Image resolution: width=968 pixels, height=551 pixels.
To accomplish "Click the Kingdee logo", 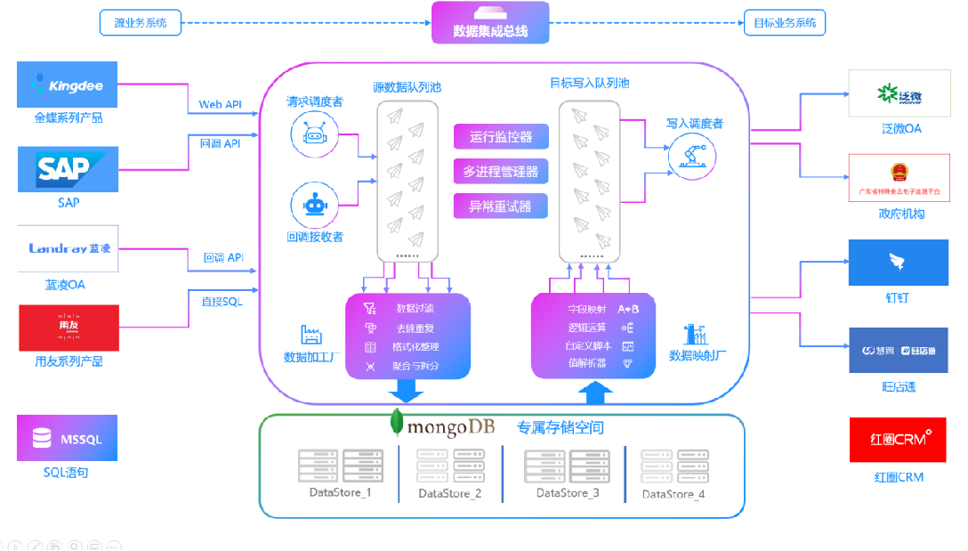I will [x=68, y=85].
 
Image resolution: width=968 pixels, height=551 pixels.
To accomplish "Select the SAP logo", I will [x=68, y=170].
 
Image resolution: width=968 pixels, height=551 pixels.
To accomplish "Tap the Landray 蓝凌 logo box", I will [x=68, y=248].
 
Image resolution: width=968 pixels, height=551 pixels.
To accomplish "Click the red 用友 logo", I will [x=68, y=328].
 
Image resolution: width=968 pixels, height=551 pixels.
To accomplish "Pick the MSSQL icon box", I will [x=68, y=438].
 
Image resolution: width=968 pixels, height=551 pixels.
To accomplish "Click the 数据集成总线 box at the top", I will [x=490, y=23].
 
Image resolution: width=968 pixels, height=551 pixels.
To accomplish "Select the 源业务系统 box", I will [x=141, y=22].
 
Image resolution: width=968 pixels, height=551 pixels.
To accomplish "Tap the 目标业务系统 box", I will [x=784, y=22].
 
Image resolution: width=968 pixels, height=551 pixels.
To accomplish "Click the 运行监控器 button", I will [x=501, y=137].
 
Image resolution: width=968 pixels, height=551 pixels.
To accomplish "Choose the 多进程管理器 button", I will [x=501, y=172].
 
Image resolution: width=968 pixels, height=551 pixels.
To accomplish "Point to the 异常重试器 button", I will [x=501, y=207].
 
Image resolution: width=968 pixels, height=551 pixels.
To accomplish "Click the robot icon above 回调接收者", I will [x=315, y=204].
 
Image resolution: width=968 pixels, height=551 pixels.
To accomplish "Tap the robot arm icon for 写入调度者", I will [x=691, y=158].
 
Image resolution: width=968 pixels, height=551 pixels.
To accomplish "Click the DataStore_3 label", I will [x=568, y=492].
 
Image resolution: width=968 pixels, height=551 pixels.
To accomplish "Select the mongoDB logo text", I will [x=449, y=428].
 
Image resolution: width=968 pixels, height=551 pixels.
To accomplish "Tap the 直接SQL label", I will [x=222, y=302].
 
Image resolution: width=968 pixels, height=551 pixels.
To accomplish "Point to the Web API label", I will [x=220, y=104].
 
